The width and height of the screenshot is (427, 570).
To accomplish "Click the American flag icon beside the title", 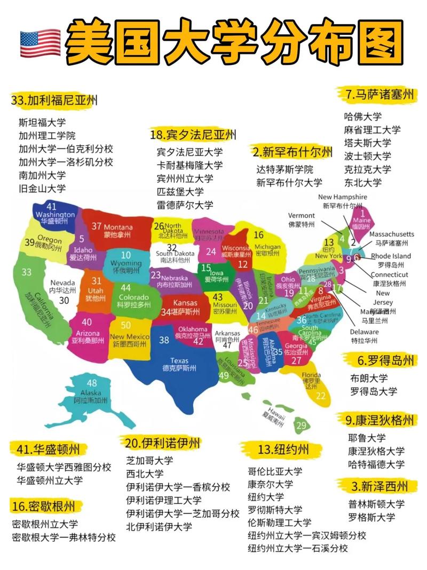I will [x=41, y=43].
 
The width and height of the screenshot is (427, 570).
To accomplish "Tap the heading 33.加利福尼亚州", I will [x=54, y=100].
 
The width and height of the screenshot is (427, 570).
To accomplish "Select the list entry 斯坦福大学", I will [x=42, y=122].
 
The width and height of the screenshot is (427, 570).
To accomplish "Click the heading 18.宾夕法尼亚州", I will [x=193, y=134].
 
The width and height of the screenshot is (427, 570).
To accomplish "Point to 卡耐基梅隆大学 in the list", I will [x=189, y=165].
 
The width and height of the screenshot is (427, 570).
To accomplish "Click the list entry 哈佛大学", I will [x=363, y=117].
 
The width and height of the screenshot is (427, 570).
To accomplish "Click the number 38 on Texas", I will [x=164, y=340].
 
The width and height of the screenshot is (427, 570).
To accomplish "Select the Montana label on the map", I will [x=118, y=227].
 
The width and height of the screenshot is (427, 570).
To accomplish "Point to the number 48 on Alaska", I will [x=92, y=383].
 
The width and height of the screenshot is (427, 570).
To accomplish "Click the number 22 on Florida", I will [x=320, y=396].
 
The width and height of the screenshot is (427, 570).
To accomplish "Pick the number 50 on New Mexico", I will [x=126, y=325].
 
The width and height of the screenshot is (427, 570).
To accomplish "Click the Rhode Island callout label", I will [x=391, y=256].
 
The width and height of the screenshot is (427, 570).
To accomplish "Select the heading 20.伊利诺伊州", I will [x=163, y=443].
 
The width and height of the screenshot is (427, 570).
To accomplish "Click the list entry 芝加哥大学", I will [x=150, y=460].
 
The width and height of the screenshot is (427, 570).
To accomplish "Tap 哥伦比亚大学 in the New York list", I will [x=275, y=471].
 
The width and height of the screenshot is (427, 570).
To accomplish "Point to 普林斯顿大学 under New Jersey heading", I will [x=376, y=504].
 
